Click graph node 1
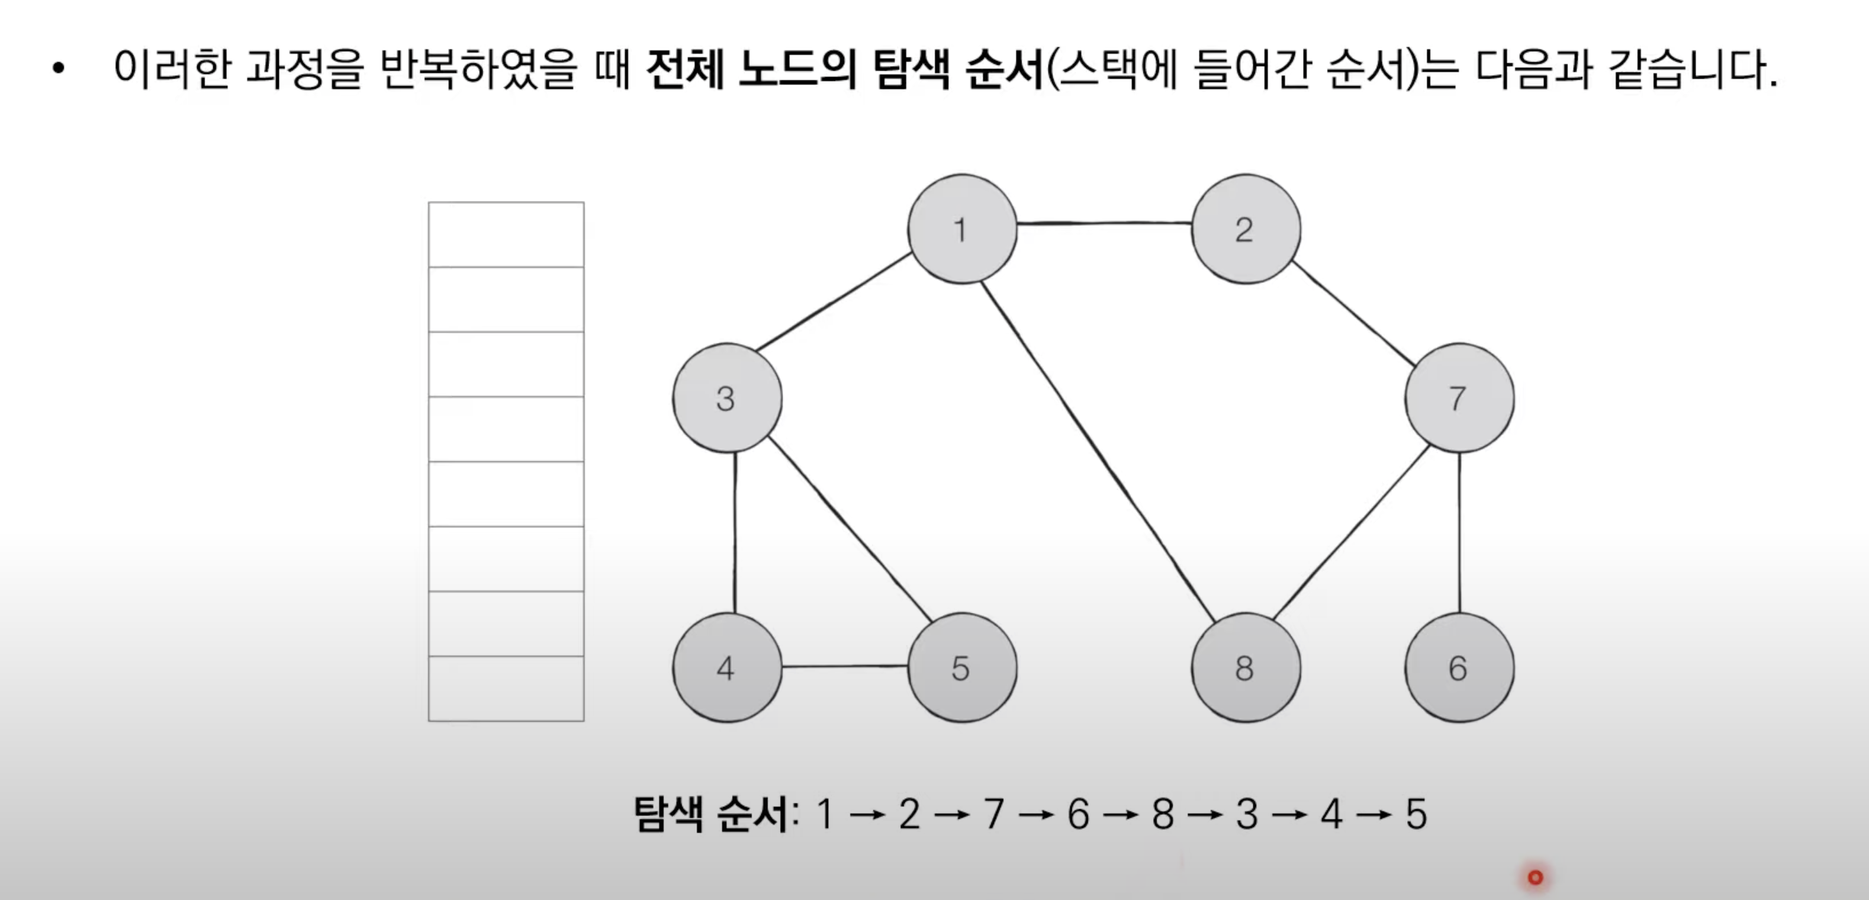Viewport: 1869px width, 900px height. click(x=962, y=229)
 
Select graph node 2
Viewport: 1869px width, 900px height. click(x=1246, y=229)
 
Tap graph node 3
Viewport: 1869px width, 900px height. click(x=727, y=398)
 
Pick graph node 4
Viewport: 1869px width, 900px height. click(x=727, y=667)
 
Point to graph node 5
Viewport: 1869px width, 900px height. click(x=962, y=667)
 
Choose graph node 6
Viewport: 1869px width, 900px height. click(x=1459, y=667)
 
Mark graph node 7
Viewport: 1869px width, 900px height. click(x=1459, y=398)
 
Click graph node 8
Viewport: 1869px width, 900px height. click(x=1246, y=667)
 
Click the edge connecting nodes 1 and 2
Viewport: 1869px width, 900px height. click(x=1104, y=223)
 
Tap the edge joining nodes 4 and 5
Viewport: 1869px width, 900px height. click(x=844, y=667)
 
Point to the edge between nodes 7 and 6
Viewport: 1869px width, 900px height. click(x=1459, y=532)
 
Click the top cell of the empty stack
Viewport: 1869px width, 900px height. click(x=506, y=235)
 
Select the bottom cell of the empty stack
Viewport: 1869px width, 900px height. click(x=506, y=688)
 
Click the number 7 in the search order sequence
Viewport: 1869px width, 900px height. click(x=993, y=815)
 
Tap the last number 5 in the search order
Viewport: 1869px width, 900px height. click(x=1416, y=815)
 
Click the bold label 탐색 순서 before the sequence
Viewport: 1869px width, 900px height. click(x=711, y=815)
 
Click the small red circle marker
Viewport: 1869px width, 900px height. click(x=1536, y=877)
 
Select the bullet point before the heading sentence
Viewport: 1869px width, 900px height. click(x=59, y=69)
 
